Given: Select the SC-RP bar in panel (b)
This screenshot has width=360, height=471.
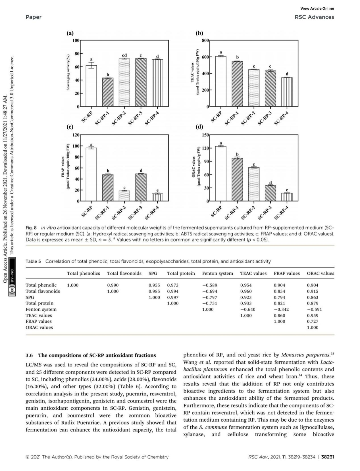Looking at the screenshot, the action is tap(221, 81).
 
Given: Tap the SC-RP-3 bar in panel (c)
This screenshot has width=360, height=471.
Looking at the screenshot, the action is tap(141, 187).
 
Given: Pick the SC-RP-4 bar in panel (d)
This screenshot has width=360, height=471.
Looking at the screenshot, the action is tap(287, 197).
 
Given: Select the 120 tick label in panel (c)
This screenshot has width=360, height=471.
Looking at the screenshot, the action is tap(76, 135).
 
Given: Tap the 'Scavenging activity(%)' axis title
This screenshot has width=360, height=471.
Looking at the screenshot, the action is tap(68, 73).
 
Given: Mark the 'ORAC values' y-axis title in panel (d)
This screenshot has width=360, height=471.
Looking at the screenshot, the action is tap(193, 167).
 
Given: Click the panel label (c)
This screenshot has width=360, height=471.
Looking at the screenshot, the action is tap(70, 127).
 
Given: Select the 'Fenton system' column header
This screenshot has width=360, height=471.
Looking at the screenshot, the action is tap(217, 273).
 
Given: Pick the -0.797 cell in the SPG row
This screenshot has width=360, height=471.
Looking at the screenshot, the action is tap(210, 297).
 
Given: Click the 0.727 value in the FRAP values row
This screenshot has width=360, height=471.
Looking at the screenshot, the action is tap(313, 321).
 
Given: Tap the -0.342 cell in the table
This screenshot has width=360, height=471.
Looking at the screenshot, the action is tap(281, 309).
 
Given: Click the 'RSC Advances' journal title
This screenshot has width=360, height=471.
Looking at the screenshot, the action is tap(314, 17).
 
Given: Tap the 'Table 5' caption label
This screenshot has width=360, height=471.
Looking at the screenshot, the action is tap(33, 261).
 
